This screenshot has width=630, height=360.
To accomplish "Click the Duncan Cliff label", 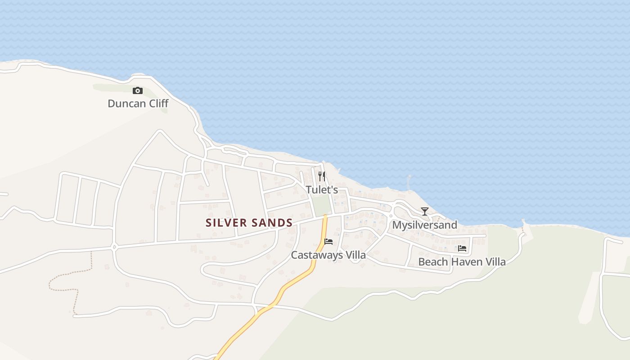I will pyautogui.click(x=138, y=103).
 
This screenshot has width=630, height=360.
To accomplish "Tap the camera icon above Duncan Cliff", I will pyautogui.click(x=138, y=91).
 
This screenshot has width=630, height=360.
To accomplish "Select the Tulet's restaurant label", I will pyautogui.click(x=322, y=190).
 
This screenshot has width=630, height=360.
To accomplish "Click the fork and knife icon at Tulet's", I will pyautogui.click(x=322, y=176).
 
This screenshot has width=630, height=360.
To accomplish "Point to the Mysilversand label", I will pyautogui.click(x=425, y=225).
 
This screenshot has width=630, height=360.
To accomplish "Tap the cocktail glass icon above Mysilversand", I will pyautogui.click(x=425, y=211).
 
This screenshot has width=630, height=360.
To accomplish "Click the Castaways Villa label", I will pyautogui.click(x=328, y=255).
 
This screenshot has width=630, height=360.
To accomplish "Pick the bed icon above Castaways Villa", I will pyautogui.click(x=328, y=242).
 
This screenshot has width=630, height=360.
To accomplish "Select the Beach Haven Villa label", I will pyautogui.click(x=462, y=262).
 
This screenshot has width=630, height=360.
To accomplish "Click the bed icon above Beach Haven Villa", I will pyautogui.click(x=462, y=248).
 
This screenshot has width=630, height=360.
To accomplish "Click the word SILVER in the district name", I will pyautogui.click(x=226, y=223).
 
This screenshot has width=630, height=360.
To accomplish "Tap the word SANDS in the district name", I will pyautogui.click(x=272, y=223).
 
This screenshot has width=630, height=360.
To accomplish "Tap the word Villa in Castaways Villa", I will pyautogui.click(x=355, y=255).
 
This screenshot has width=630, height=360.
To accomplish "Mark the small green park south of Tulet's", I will pyautogui.click(x=321, y=207).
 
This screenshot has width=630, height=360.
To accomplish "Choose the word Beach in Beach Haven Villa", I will pyautogui.click(x=433, y=262).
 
